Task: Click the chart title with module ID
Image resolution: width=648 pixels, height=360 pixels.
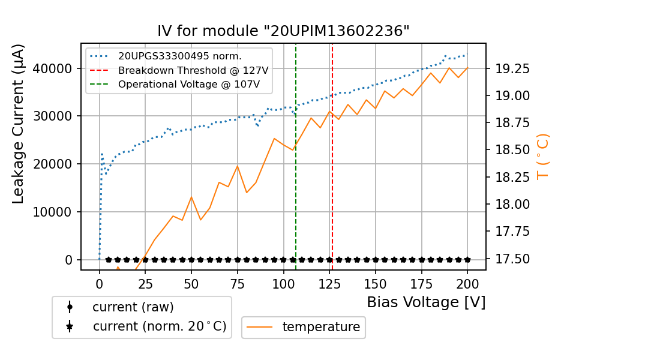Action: point(283,31)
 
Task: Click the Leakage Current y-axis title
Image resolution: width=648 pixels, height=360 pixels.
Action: point(19,124)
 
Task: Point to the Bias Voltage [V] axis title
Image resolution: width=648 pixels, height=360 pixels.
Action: point(426,302)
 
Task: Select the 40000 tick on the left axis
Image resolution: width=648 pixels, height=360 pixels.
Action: point(57,68)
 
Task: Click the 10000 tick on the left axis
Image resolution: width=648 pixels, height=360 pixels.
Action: point(57,212)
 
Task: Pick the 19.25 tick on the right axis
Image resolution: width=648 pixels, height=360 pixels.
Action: point(512,69)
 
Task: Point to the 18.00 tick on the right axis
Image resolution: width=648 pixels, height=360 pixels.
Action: point(512,205)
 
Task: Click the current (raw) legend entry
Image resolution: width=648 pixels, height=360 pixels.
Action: point(133,307)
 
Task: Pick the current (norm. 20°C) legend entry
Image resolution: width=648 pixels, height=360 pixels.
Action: point(159,327)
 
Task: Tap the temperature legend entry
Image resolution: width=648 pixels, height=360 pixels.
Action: point(321,327)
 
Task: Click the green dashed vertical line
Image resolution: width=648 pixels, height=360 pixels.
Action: point(296,180)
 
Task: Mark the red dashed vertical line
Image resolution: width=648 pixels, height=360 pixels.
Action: point(332,180)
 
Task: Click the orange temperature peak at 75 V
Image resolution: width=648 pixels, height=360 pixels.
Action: point(237,166)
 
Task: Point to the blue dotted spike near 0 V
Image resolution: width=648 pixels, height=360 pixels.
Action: point(102,154)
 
